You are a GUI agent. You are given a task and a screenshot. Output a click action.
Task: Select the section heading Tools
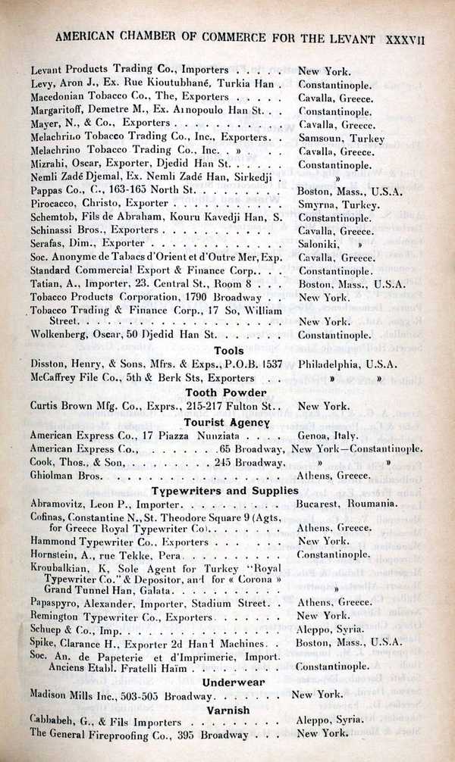[x=228, y=351]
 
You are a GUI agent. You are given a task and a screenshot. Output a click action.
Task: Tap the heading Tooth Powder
[x=226, y=392]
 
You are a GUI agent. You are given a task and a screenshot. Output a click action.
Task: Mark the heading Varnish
[x=227, y=710]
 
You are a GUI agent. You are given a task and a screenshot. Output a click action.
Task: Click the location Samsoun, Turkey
[x=341, y=139]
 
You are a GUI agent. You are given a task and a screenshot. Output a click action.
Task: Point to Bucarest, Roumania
[x=347, y=503]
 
